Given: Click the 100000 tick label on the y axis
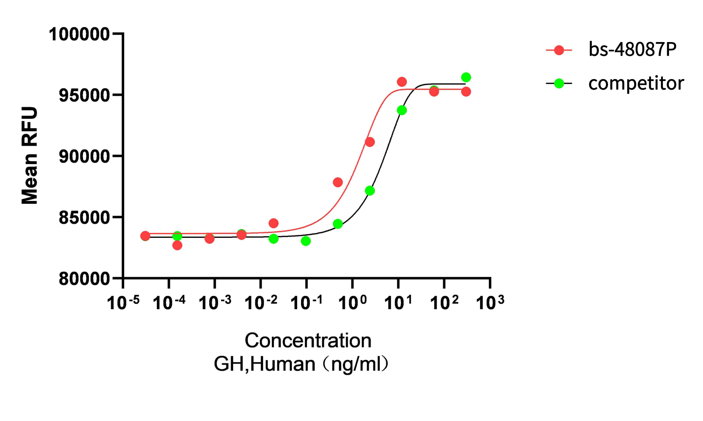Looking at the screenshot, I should pyautogui.click(x=79, y=35).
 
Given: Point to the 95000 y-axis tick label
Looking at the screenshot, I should pyautogui.click(x=84, y=96).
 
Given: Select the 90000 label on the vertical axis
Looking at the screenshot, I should pyautogui.click(x=84, y=157).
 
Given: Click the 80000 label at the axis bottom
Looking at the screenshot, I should pyautogui.click(x=84, y=279).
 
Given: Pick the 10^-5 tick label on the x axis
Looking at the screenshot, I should pyautogui.click(x=123, y=302).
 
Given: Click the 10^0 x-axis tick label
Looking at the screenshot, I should pyautogui.click(x=352, y=302).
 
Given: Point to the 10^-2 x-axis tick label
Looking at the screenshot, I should pyautogui.click(x=261, y=302).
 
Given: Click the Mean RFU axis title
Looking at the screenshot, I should pyautogui.click(x=30, y=155).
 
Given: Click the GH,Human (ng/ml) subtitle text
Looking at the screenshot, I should pyautogui.click(x=301, y=364).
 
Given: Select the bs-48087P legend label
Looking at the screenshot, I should pyautogui.click(x=632, y=50).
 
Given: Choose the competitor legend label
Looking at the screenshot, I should pyautogui.click(x=636, y=83).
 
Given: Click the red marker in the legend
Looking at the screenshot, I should pyautogui.click(x=559, y=50).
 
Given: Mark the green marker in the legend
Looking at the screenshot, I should pyautogui.click(x=559, y=83).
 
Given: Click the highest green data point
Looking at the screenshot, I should pyautogui.click(x=466, y=77).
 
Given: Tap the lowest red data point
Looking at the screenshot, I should pyautogui.click(x=177, y=245).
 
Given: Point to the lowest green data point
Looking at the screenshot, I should pyautogui.click(x=306, y=241).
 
